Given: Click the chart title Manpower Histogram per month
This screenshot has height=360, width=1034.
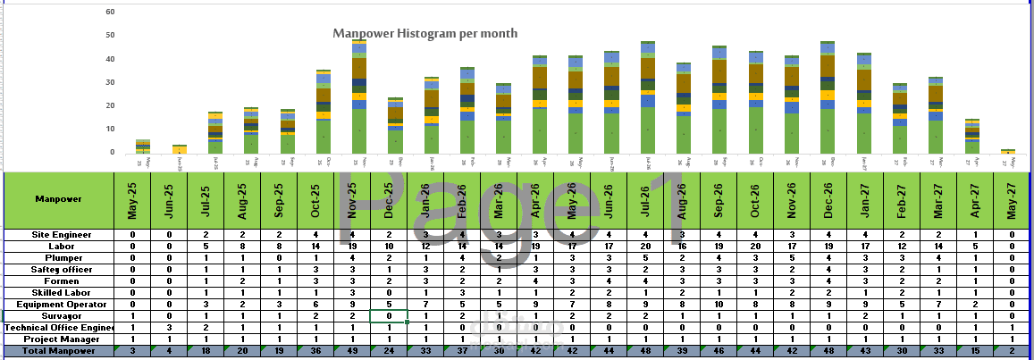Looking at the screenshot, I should pyautogui.click(x=425, y=34).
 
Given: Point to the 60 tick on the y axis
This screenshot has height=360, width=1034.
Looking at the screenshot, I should pyautogui.click(x=110, y=13).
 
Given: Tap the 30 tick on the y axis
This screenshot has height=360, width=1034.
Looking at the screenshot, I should pyautogui.click(x=110, y=82).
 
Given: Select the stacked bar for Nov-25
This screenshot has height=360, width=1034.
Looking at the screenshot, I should pyautogui.click(x=359, y=98).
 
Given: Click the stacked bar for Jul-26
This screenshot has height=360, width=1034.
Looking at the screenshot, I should pyautogui.click(x=648, y=98).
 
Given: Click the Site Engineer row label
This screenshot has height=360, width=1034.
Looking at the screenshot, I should pyautogui.click(x=59, y=234).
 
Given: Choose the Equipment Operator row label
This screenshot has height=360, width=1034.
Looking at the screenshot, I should pyautogui.click(x=59, y=304).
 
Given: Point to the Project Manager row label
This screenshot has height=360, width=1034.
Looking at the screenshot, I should pyautogui.click(x=59, y=339).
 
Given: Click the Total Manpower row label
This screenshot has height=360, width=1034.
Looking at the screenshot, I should pyautogui.click(x=59, y=351).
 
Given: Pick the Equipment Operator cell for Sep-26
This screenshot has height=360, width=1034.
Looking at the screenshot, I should pyautogui.click(x=718, y=304).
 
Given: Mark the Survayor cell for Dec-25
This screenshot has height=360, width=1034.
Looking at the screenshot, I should pyautogui.click(x=390, y=315).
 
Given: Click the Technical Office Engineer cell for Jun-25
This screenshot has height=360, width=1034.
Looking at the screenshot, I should pyautogui.click(x=169, y=327).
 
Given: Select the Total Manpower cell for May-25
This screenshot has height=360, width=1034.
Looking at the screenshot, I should pyautogui.click(x=132, y=351).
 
